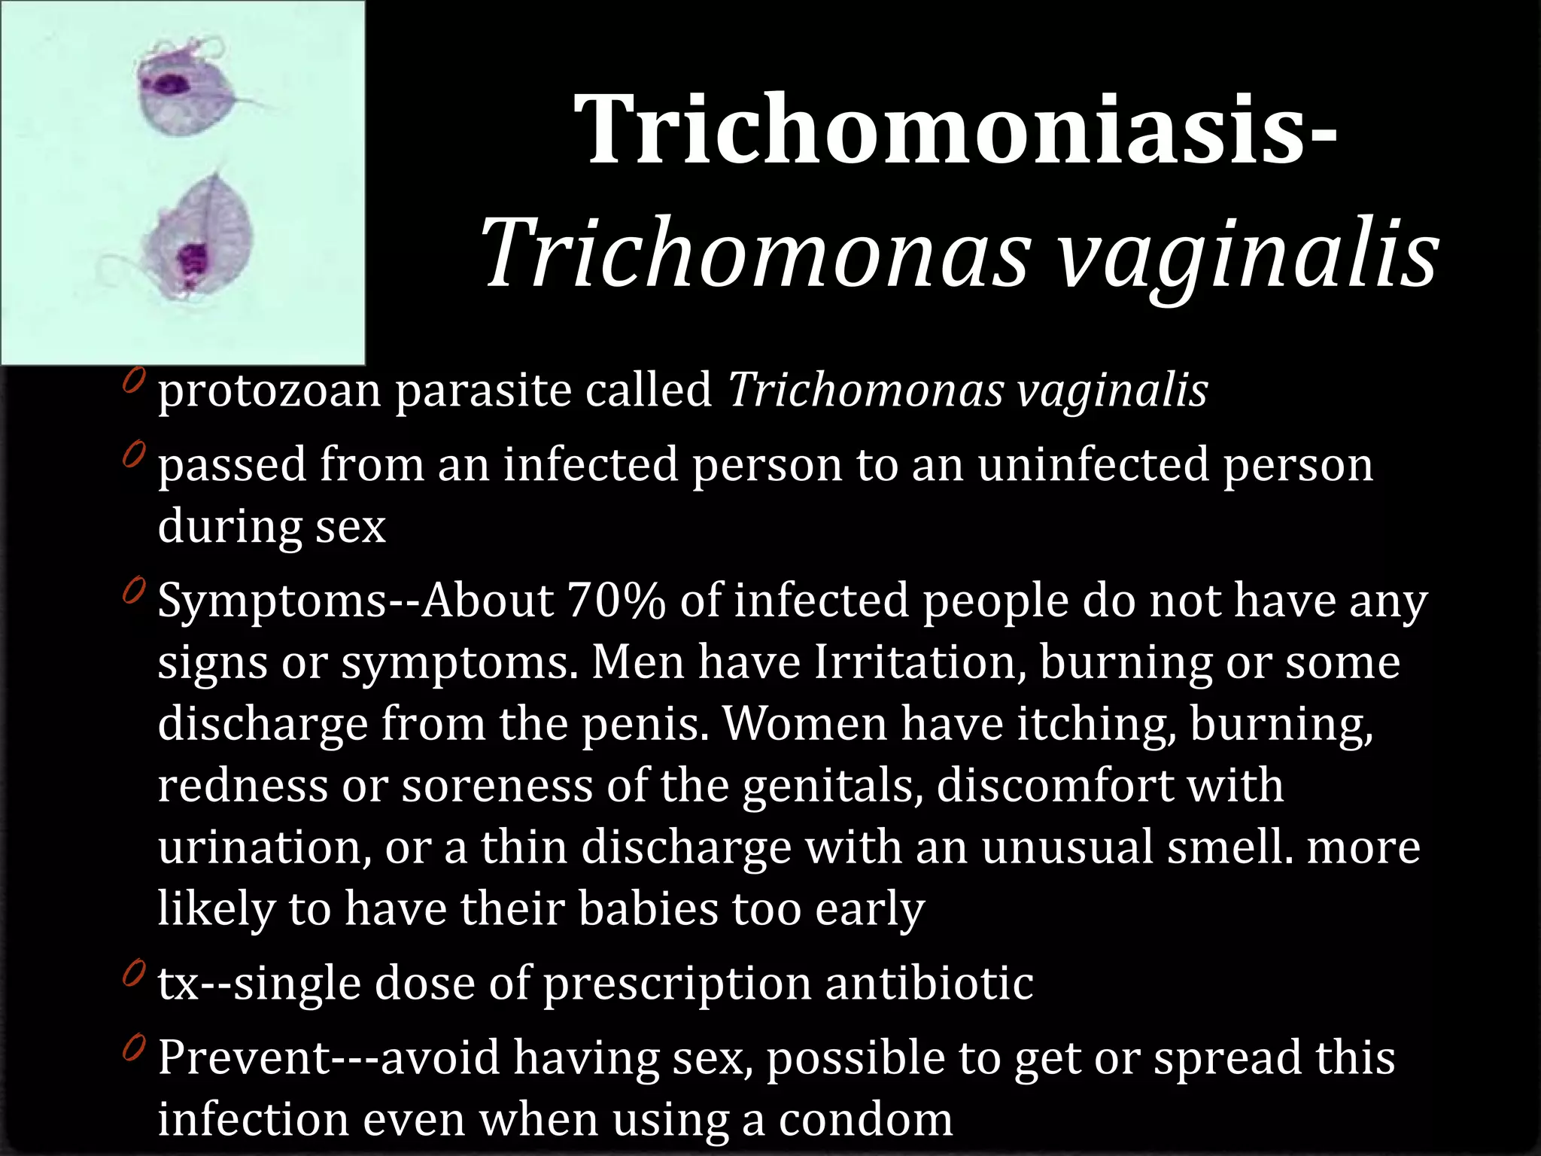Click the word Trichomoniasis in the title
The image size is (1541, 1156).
[x=944, y=129]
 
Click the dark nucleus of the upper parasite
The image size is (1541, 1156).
[x=172, y=84]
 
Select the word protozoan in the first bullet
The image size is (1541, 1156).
[x=269, y=391]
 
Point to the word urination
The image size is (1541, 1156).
[x=264, y=847]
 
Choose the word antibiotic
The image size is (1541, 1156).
[x=929, y=983]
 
